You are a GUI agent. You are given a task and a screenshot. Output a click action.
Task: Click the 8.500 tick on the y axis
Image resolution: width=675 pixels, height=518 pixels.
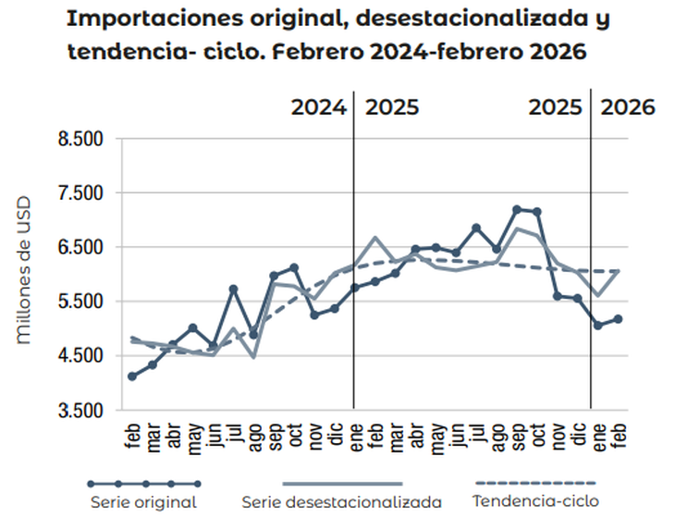tap(81, 140)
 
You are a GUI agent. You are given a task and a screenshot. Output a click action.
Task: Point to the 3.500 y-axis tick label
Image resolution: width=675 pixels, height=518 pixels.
tap(81, 410)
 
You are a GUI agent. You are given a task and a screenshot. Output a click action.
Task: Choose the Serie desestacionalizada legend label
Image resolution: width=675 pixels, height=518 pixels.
tap(342, 501)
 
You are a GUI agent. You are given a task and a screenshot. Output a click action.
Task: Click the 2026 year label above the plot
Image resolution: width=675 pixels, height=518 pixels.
tap(628, 106)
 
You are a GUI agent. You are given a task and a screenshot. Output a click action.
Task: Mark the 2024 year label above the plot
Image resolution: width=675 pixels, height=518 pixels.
tap(319, 106)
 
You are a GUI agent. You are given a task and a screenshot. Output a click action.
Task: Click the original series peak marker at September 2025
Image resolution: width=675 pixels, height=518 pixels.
tap(517, 210)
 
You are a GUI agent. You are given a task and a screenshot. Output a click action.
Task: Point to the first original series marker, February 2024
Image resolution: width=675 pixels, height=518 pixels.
tap(132, 376)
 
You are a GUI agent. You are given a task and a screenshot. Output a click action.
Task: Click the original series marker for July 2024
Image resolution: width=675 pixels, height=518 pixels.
tap(234, 290)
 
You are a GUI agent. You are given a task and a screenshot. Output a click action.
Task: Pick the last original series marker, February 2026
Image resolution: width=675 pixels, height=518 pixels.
tap(619, 319)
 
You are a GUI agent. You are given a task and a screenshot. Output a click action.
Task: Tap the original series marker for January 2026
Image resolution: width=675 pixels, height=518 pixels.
tap(598, 326)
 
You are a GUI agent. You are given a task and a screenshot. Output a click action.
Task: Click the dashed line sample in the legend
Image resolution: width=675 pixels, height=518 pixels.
tap(534, 484)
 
